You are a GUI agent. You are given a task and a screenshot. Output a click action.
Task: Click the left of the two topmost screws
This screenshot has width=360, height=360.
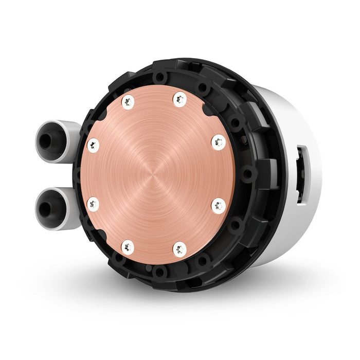tap(128, 102)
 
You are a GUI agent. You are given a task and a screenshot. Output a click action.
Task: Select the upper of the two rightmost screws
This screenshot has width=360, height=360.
tap(219, 141)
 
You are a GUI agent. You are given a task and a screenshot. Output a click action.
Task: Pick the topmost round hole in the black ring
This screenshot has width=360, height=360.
tap(160, 77)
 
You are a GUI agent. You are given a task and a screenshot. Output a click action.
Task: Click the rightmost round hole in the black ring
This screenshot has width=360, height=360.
tap(249, 174)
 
